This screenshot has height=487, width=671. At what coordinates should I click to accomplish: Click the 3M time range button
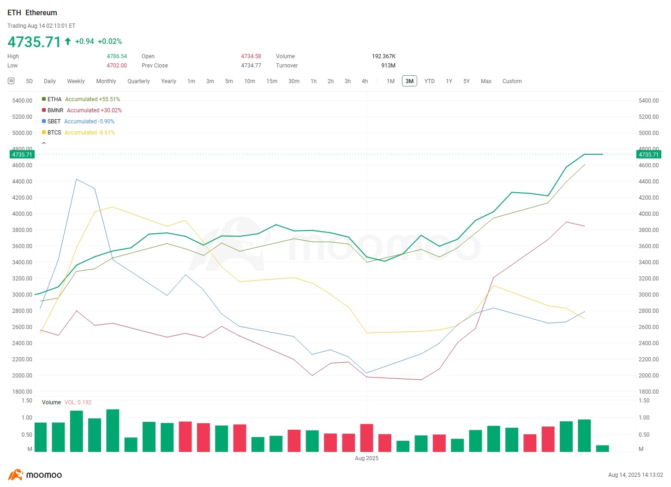point(409,81)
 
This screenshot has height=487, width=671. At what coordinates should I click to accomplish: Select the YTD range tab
point(429,81)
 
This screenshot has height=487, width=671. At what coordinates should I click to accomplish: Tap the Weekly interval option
point(76,81)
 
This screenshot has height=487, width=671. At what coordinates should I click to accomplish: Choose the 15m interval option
point(271,81)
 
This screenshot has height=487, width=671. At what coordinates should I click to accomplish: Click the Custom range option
point(512,81)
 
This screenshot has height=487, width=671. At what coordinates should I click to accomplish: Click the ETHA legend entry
point(54,99)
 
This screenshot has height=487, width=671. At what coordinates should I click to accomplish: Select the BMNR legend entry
point(55,110)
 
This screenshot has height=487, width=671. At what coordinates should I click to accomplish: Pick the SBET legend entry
point(54,122)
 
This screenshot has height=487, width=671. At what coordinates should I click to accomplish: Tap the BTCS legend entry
point(54,133)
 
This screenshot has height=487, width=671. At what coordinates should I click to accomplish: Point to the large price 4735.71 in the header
point(34,42)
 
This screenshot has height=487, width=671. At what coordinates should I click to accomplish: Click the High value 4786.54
point(117,56)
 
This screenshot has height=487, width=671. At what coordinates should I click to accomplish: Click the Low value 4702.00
point(117,66)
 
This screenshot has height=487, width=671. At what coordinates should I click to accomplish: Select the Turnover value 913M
point(388,66)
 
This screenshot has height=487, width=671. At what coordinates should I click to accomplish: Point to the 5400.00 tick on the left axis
point(22,101)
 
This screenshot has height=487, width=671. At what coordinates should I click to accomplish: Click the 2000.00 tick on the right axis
point(648,376)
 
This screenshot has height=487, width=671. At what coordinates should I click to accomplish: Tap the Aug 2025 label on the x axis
point(366,458)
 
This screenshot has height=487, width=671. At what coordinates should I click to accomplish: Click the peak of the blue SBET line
point(77,179)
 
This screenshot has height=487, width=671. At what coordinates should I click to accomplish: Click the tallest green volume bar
point(113,430)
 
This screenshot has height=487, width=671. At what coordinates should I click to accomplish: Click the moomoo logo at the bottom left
point(35,475)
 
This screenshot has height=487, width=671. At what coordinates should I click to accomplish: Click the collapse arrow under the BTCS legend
point(44,143)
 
